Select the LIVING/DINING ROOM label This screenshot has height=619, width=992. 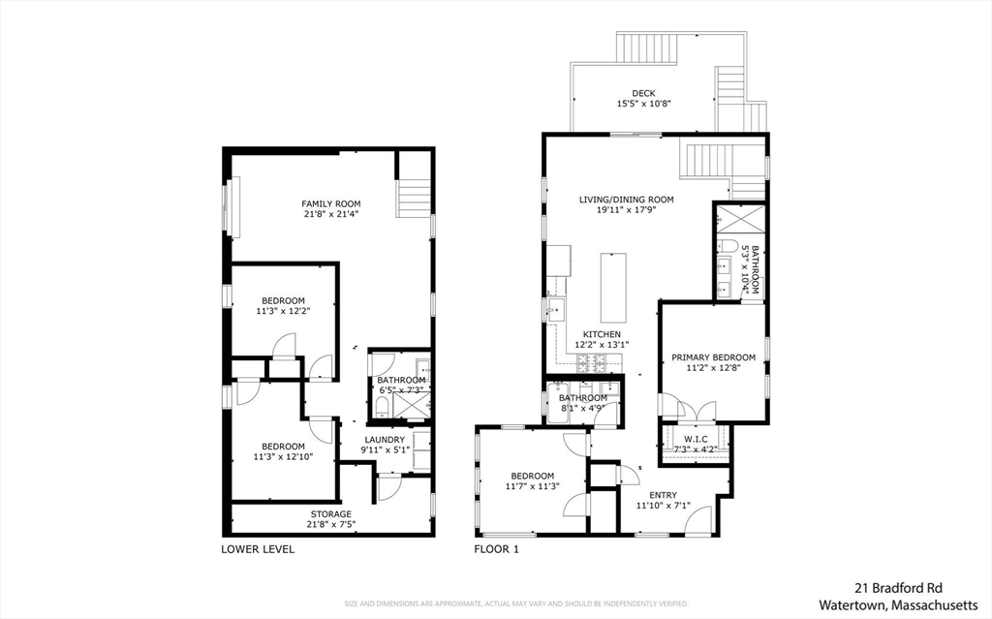626,200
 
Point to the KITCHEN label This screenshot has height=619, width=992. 601,334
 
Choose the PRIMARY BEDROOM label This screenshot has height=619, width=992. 714,357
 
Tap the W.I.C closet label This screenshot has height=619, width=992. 695,438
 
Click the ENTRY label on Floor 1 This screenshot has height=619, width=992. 663,495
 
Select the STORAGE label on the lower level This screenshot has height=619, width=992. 330,513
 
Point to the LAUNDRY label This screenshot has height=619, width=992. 385,439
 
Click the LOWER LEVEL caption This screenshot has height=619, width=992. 259,549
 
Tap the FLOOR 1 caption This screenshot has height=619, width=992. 497,549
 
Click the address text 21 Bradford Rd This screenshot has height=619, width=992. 897,587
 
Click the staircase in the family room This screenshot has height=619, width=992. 413,199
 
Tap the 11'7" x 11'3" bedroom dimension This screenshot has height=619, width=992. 533,486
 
